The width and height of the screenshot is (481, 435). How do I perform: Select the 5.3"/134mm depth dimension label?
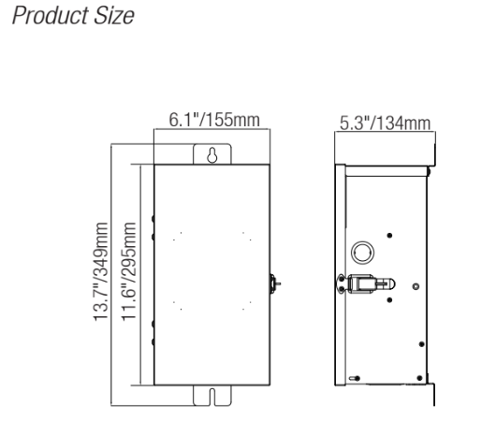[386, 124]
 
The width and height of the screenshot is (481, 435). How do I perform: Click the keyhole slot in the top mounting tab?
[212, 155]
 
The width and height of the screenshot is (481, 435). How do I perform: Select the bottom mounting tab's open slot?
[212, 395]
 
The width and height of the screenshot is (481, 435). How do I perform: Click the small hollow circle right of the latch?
[415, 282]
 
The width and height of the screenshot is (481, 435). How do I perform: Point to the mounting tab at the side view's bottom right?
[432, 393]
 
